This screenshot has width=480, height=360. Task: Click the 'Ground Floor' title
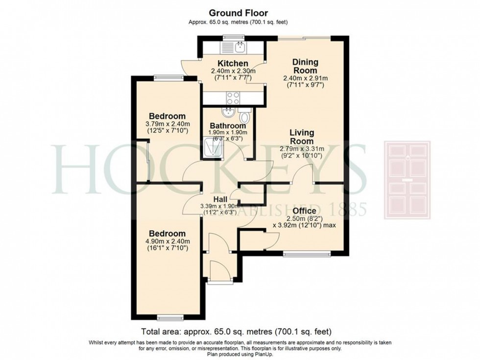coord(239,13)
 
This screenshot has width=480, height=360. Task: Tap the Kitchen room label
coord(233,64)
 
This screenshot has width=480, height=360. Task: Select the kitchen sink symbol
coord(240,47)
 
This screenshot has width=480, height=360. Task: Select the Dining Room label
coord(305,66)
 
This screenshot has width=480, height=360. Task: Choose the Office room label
coord(304,211)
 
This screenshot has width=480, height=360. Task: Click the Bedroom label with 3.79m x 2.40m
coord(167,116)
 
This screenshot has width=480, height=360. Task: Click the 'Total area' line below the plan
coord(240,332)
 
